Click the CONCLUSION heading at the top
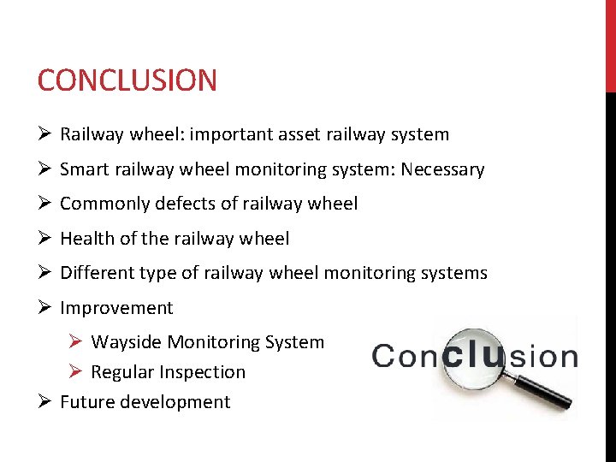coord(127,80)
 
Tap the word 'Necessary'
coord(444,169)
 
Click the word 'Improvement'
coord(116,308)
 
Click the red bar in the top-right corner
coord(610,43)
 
